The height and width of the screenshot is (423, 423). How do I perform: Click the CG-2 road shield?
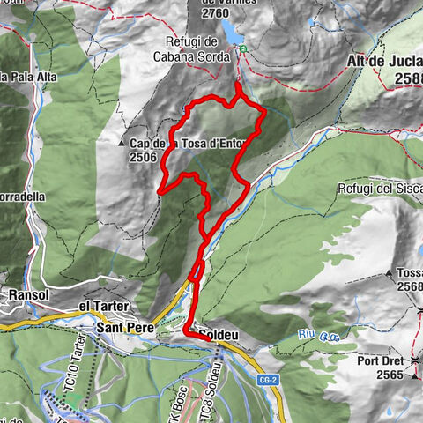(264, 379)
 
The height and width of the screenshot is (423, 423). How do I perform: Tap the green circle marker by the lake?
(244, 49)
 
